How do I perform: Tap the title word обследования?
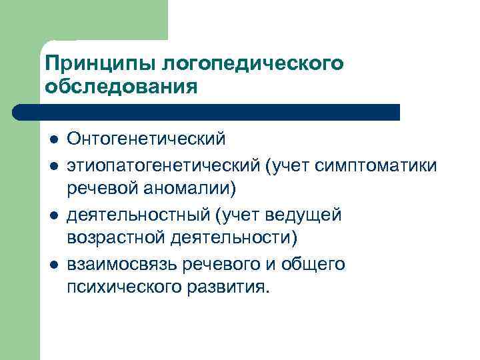pyautogui.click(x=121, y=87)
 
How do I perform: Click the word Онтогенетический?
pyautogui.click(x=146, y=140)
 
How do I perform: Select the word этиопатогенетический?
pyautogui.click(x=163, y=165)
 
